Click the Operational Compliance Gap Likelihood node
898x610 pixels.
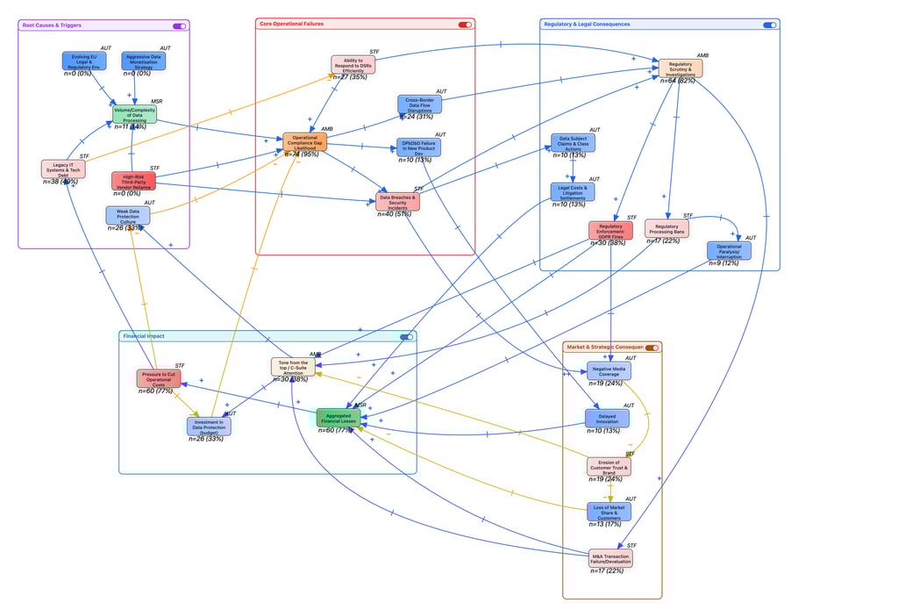tap(304, 142)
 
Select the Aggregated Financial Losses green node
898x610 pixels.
tap(338, 418)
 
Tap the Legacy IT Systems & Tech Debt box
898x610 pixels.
tap(63, 169)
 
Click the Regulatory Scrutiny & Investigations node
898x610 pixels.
tap(680, 68)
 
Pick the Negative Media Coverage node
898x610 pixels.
tap(609, 370)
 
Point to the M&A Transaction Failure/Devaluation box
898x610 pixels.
tap(609, 558)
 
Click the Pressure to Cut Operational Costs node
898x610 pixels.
tap(158, 378)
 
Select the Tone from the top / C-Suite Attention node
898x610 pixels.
tap(292, 367)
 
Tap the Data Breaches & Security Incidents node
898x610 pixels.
tap(397, 201)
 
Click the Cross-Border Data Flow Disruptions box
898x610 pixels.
tap(419, 104)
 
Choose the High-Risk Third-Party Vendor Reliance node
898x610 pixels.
tap(133, 181)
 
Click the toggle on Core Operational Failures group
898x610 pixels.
tap(465, 25)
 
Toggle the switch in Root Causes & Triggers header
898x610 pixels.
tap(179, 26)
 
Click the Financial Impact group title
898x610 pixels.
tap(144, 336)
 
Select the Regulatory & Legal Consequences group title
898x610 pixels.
tap(587, 25)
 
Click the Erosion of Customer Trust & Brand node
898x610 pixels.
tap(609, 466)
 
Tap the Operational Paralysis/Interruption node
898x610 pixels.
tap(728, 251)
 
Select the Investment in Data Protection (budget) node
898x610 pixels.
tap(209, 426)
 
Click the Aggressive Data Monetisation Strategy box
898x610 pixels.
tap(143, 61)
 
